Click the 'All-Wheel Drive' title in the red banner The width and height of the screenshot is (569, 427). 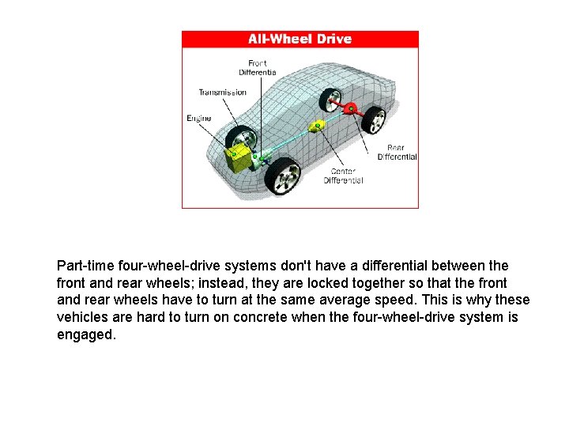click(300, 39)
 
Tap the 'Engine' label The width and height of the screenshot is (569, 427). click(198, 119)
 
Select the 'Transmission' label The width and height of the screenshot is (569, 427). click(222, 93)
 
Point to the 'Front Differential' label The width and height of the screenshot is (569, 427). click(258, 67)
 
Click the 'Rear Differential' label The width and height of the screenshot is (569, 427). click(397, 152)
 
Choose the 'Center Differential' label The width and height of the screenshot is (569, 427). click(343, 176)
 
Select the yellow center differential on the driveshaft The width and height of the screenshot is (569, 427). click(317, 126)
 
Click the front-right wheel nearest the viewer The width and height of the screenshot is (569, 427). click(282, 176)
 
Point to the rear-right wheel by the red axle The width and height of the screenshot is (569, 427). click(375, 120)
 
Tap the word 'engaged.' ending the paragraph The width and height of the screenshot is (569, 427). click(86, 334)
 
